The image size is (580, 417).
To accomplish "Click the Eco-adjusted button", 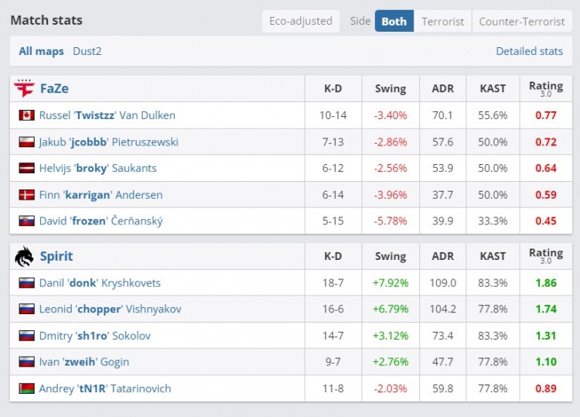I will pyautogui.click(x=301, y=21).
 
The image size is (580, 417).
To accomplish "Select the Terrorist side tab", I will pyautogui.click(x=443, y=21).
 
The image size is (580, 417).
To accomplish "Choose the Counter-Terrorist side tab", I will pyautogui.click(x=522, y=21).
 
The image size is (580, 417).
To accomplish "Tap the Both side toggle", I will pyautogui.click(x=394, y=21).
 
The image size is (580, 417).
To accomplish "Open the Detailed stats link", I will pyautogui.click(x=529, y=51).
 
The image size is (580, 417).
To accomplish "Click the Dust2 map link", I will pyautogui.click(x=87, y=51).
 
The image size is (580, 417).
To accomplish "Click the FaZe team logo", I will pyautogui.click(x=25, y=88).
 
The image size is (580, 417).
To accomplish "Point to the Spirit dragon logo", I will pyautogui.click(x=25, y=256).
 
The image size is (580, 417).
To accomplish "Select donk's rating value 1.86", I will pyautogui.click(x=545, y=283).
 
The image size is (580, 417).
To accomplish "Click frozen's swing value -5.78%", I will pyautogui.click(x=390, y=221).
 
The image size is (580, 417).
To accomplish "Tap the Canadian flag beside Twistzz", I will pyautogui.click(x=27, y=115).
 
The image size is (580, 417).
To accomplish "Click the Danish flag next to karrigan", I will pyautogui.click(x=27, y=195).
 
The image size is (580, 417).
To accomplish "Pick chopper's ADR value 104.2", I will pyautogui.click(x=443, y=309).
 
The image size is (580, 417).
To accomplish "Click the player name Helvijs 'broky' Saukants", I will pyautogui.click(x=98, y=169).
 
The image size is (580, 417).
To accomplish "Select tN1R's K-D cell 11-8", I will pyautogui.click(x=333, y=388).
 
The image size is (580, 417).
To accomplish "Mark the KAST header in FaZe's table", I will pyautogui.click(x=493, y=88).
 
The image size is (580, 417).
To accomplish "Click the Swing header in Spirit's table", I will pyautogui.click(x=390, y=256).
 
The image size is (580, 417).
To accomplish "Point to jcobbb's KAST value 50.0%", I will pyautogui.click(x=493, y=142).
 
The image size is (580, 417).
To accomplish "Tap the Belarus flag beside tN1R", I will pyautogui.click(x=27, y=388).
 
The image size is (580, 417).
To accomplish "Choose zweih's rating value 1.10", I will pyautogui.click(x=545, y=362).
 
